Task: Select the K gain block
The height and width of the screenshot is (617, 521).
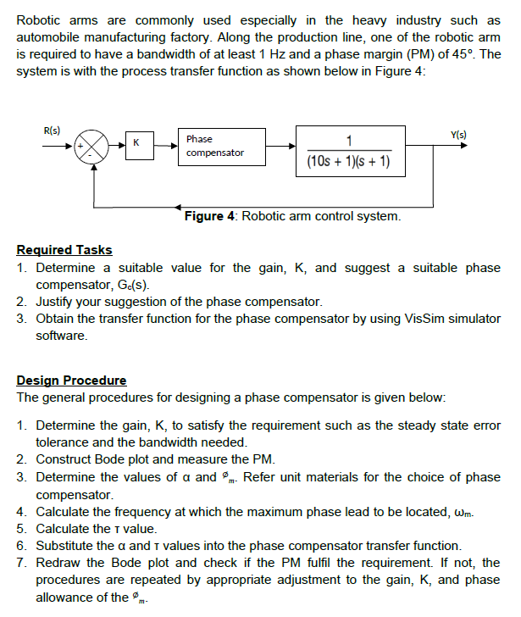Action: pyautogui.click(x=136, y=145)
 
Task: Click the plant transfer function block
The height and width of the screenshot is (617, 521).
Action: pyautogui.click(x=343, y=149)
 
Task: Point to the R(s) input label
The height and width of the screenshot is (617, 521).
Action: pyautogui.click(x=51, y=130)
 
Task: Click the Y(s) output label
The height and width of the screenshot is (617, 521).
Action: pyautogui.click(x=458, y=135)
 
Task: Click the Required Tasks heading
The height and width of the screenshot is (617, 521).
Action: pyautogui.click(x=64, y=250)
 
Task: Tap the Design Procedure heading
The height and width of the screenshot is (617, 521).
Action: pyautogui.click(x=71, y=381)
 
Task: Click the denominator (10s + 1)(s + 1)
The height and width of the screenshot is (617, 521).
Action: pyautogui.click(x=343, y=161)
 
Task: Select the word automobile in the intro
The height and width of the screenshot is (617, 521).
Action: pyautogui.click(x=49, y=37)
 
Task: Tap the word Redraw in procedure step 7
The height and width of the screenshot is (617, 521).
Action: pyautogui.click(x=59, y=563)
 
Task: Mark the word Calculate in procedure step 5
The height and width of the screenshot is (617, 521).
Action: pyautogui.click(x=65, y=529)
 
